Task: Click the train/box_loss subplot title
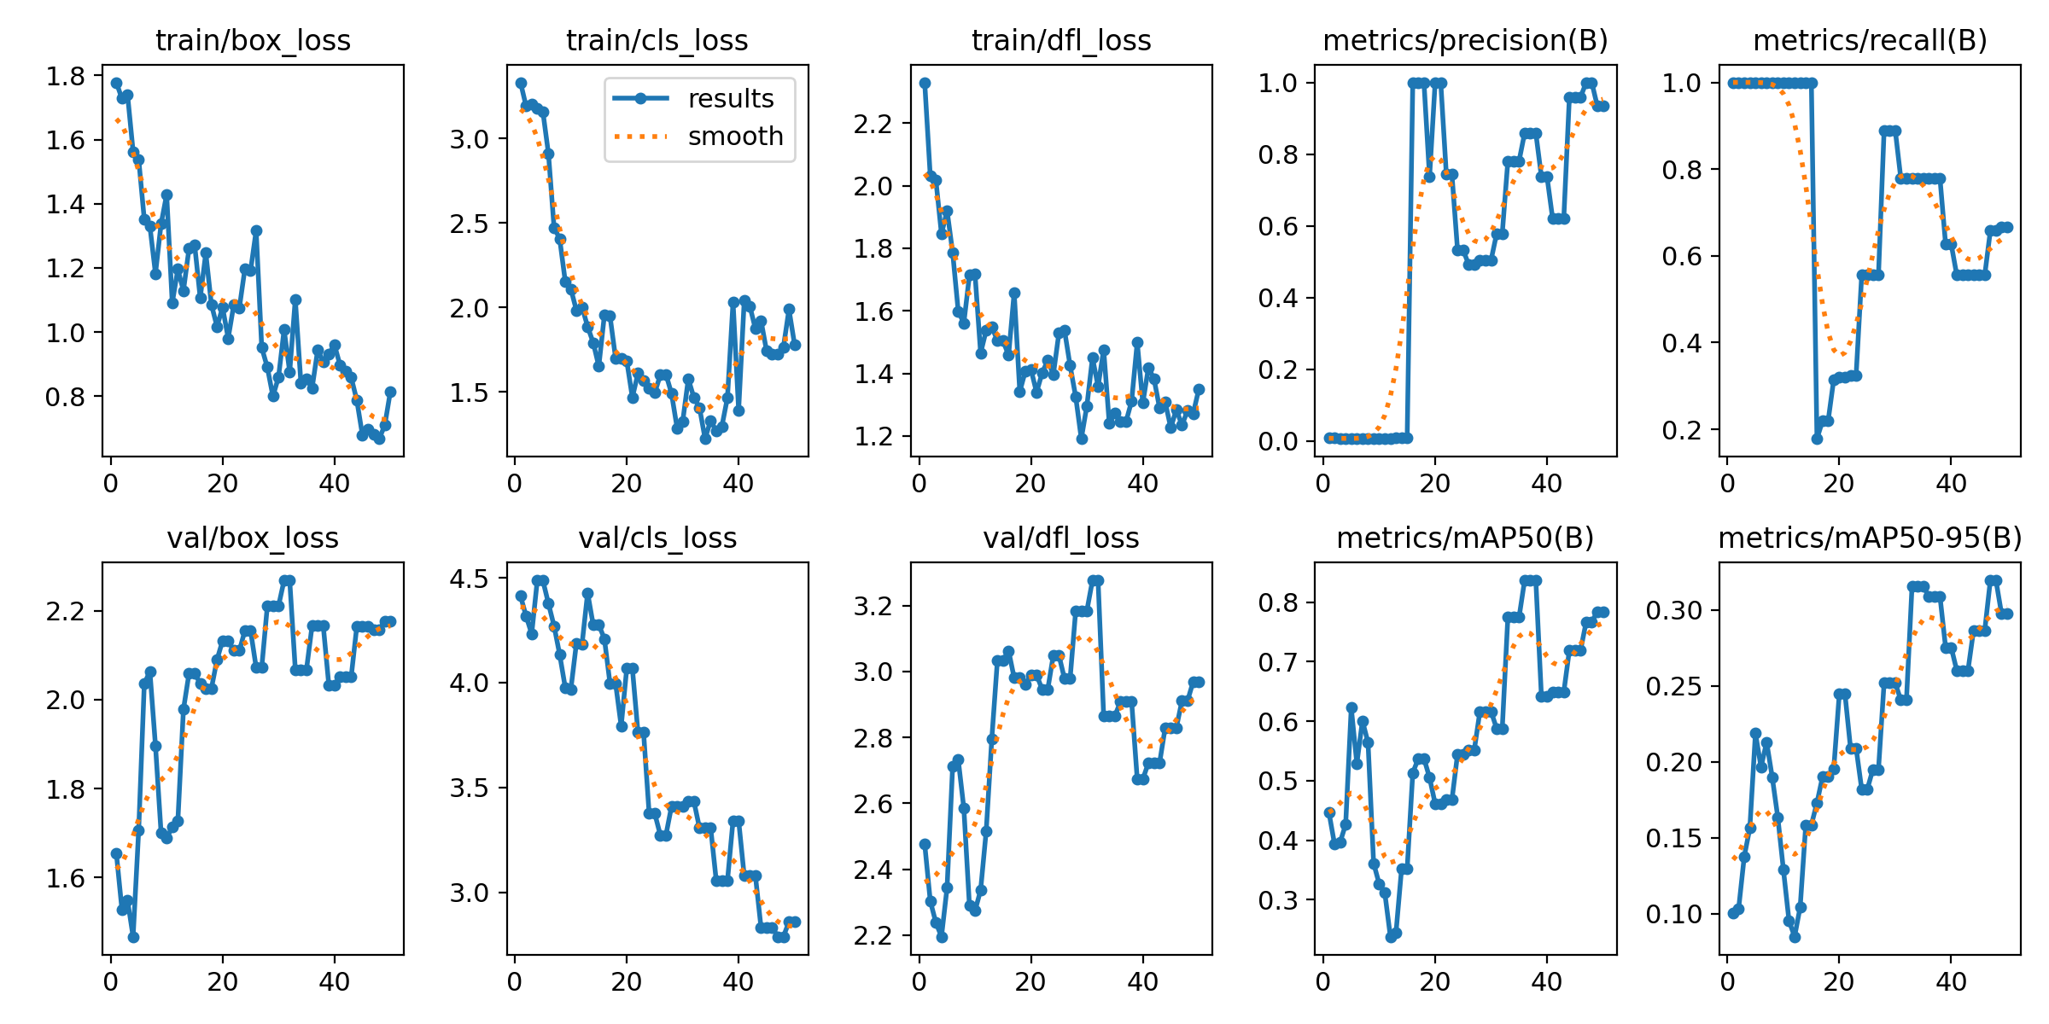click(x=253, y=40)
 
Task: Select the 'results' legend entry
click(x=731, y=99)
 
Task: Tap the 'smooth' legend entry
click(x=735, y=137)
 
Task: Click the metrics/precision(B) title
click(x=1465, y=40)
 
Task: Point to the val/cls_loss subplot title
click(x=657, y=538)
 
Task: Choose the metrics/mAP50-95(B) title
click(x=1870, y=538)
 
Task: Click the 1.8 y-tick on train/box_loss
click(x=66, y=76)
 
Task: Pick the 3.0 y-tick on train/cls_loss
click(x=470, y=139)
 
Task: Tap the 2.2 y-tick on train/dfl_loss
click(x=874, y=124)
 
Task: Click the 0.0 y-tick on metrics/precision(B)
click(x=1278, y=441)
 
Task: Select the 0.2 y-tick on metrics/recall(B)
click(x=1682, y=430)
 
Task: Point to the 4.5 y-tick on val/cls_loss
click(x=470, y=579)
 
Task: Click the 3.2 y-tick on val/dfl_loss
click(x=874, y=607)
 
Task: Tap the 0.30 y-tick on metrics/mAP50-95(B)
click(x=1674, y=611)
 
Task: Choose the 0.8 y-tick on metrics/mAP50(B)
click(x=1278, y=602)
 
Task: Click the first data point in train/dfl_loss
click(x=925, y=84)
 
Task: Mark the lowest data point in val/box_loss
click(x=133, y=937)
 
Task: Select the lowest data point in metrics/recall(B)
click(x=1817, y=439)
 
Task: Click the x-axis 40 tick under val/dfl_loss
click(x=1142, y=982)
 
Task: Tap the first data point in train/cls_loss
click(x=521, y=84)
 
